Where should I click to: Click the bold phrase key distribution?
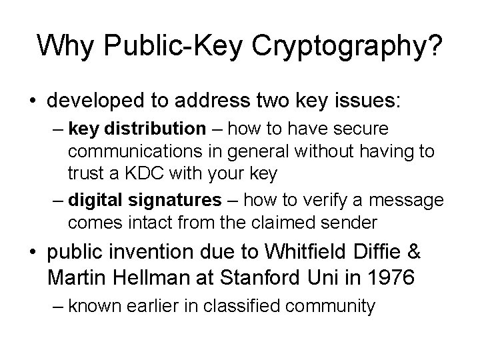coord(137,127)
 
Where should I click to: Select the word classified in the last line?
coord(261,307)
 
